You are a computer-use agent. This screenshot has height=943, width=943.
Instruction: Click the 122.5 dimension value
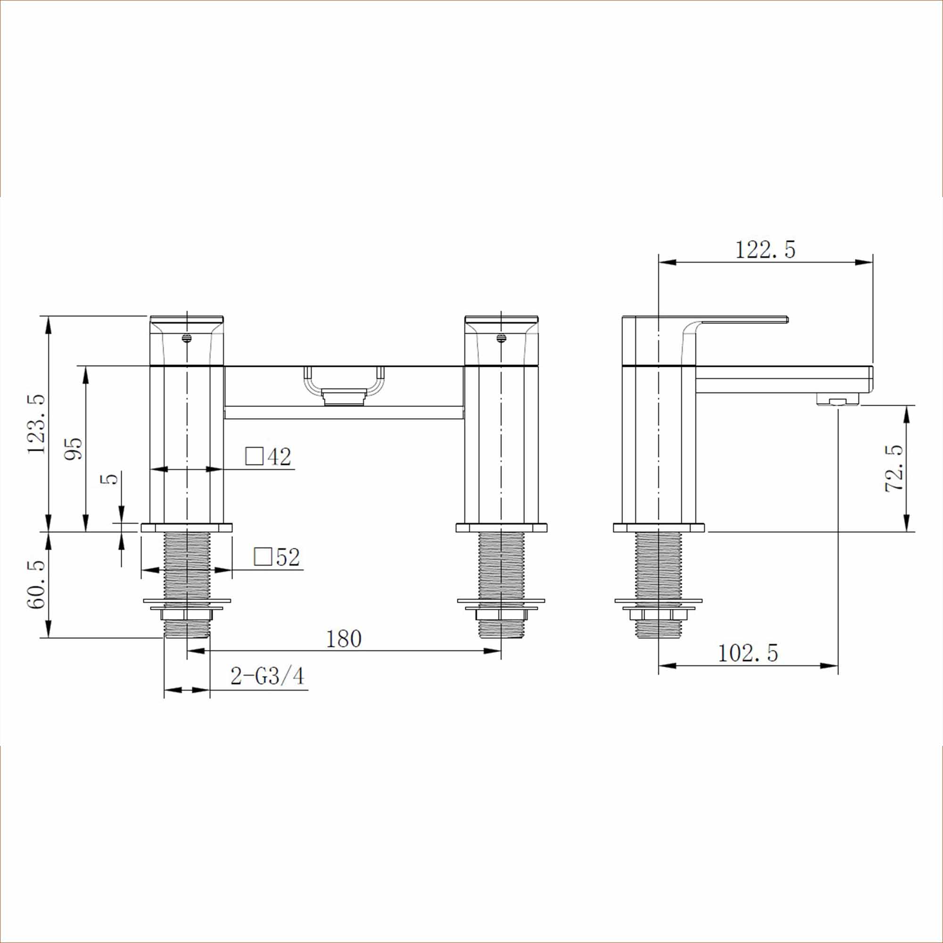tap(764, 250)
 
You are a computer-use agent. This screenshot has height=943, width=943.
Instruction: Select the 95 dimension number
tap(74, 448)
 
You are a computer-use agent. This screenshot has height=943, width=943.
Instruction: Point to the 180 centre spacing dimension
tap(343, 639)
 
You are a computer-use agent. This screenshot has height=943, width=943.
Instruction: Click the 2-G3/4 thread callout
tap(267, 677)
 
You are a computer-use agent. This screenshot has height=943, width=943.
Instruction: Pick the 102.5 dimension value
tap(747, 653)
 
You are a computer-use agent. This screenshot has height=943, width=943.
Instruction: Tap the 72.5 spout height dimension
tap(893, 469)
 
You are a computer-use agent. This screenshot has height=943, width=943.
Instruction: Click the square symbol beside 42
tap(254, 456)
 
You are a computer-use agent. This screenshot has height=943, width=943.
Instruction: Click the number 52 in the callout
tap(288, 557)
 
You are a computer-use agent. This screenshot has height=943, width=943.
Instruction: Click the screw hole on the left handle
tap(186, 338)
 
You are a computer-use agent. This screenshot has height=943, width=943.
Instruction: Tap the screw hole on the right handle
tap(501, 338)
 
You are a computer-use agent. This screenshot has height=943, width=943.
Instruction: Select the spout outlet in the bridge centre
tap(344, 397)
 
